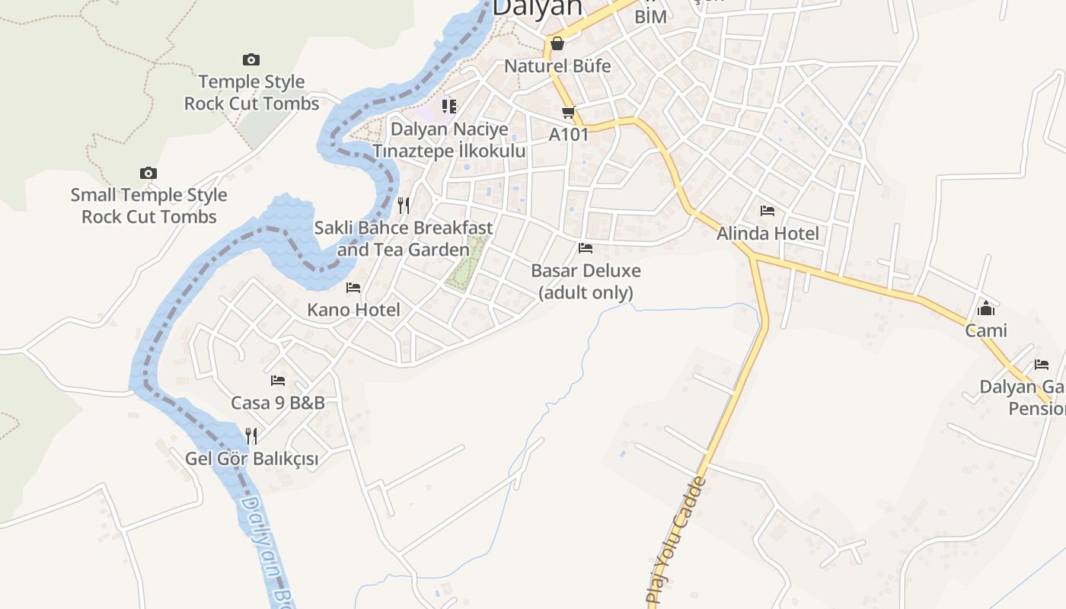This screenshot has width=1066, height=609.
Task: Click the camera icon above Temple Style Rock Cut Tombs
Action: [251, 59]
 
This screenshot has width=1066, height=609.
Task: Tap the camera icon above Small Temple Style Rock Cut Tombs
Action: [148, 174]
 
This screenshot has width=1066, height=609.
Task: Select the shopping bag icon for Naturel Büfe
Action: [557, 43]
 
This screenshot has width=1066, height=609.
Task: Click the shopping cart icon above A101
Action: [568, 113]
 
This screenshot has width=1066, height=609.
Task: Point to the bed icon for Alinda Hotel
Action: [768, 211]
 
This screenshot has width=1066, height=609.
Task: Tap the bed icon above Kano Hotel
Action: [353, 288]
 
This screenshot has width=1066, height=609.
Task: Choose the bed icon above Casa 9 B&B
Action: [278, 381]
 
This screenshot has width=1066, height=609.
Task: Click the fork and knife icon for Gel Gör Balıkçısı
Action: [251, 435]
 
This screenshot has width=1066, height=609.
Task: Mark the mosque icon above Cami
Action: [986, 308]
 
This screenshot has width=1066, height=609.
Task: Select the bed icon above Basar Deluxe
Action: [586, 248]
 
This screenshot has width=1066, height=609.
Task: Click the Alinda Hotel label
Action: [768, 234]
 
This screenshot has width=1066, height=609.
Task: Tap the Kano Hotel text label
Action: [353, 310]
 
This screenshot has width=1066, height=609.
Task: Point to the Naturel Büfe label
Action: [557, 66]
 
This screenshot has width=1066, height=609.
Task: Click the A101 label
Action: [569, 135]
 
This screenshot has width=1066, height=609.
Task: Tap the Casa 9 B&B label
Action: [278, 403]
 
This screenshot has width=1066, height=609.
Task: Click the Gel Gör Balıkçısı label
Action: [251, 459]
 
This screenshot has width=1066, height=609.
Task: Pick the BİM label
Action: [650, 17]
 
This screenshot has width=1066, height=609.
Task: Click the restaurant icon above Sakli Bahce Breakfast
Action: [404, 205]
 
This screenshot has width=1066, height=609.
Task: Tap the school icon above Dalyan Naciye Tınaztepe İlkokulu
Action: [449, 107]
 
